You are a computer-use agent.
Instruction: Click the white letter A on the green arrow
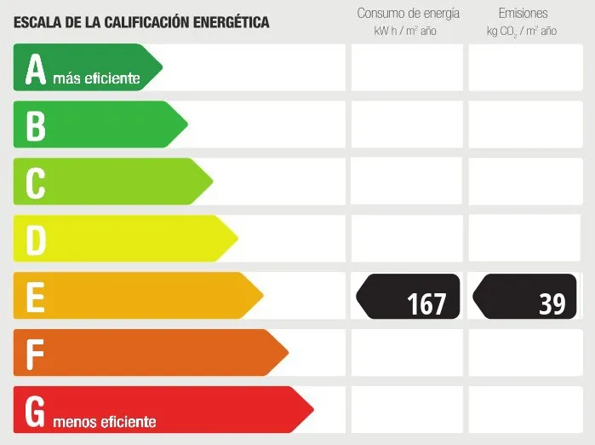[x=35, y=70]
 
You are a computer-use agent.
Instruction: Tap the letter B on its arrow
[x=35, y=125]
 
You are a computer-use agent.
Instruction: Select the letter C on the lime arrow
[x=35, y=182]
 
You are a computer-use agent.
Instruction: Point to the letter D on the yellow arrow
[x=35, y=240]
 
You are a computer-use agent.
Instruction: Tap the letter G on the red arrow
[x=35, y=411]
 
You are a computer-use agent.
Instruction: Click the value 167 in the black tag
[x=426, y=303]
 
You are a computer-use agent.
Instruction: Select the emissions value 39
[x=552, y=303]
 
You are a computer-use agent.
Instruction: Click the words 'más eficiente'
[x=95, y=78]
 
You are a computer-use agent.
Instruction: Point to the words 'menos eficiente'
[x=105, y=421]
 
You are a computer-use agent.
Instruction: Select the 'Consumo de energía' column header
[x=408, y=14]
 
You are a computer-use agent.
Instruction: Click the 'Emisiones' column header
[x=523, y=14]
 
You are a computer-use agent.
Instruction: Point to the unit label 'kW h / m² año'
[x=404, y=32]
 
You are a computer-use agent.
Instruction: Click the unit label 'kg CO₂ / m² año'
[x=522, y=32]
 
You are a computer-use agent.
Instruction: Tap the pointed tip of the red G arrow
[x=312, y=410]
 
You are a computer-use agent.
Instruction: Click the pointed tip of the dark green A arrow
[x=161, y=67]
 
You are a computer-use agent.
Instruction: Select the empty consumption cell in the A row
[x=406, y=67]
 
